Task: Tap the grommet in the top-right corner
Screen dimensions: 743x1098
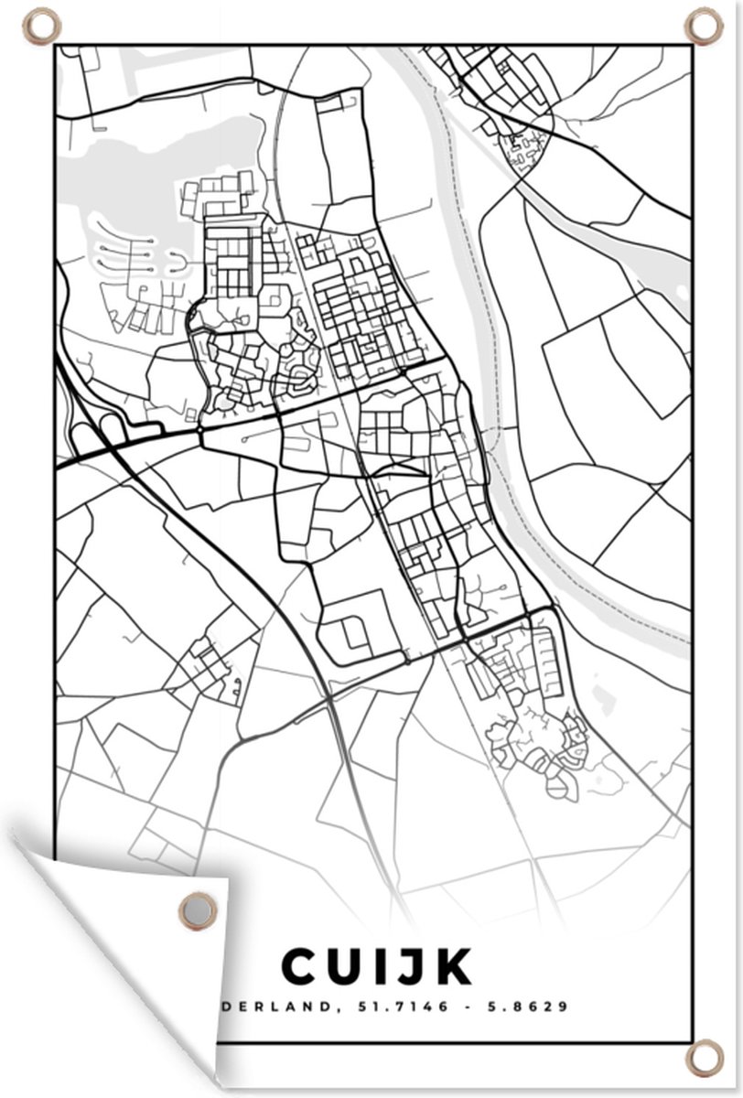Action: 703,25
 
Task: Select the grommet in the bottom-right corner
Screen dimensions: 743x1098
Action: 703,1059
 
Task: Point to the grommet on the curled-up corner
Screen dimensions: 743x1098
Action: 197,910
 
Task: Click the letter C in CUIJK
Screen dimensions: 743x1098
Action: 303,966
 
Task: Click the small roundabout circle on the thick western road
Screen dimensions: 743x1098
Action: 199,428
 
